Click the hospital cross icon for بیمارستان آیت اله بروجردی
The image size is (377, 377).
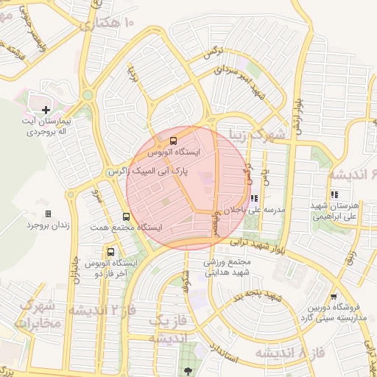point(46,110)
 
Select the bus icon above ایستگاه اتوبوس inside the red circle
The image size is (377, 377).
point(173,140)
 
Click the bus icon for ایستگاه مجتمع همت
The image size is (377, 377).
point(127,217)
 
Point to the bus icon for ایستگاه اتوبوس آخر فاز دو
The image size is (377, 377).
point(110,252)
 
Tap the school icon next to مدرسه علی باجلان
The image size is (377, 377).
point(255,198)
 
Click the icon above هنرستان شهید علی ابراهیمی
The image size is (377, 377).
point(334,194)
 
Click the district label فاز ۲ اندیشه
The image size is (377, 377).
point(102,309)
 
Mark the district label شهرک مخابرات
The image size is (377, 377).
point(37,314)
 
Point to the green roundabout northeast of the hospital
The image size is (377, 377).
point(88,95)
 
